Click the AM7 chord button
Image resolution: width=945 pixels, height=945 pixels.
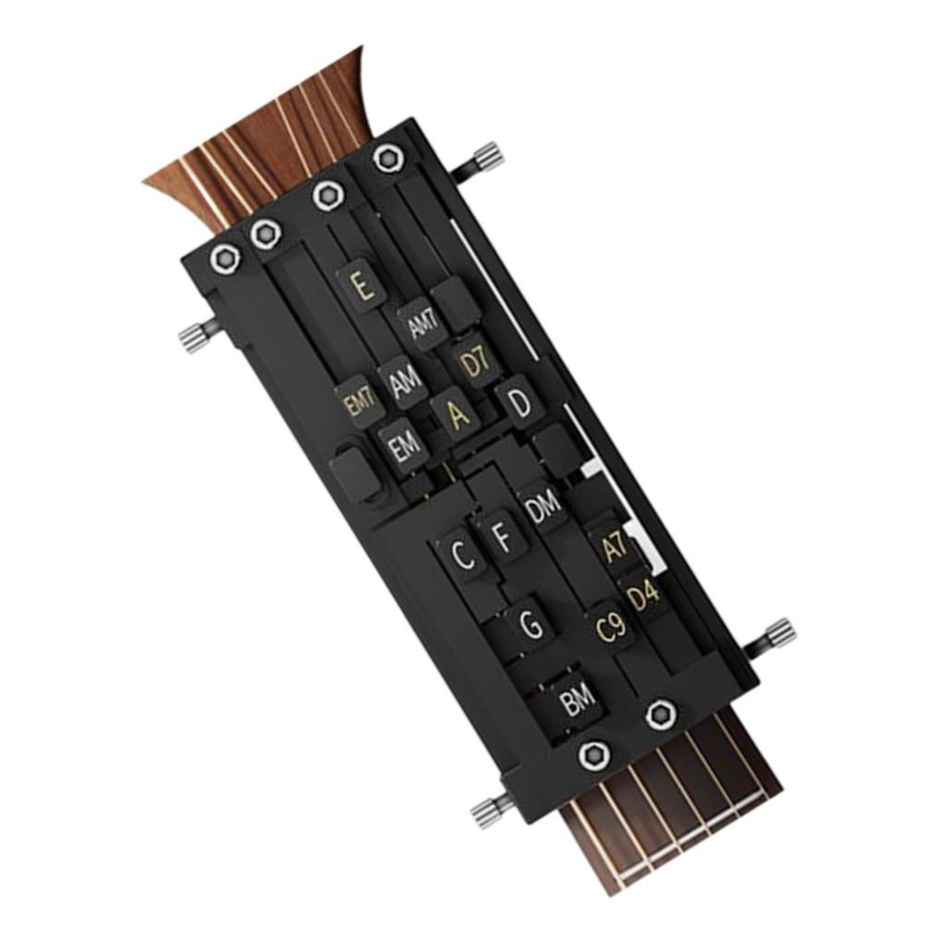pyautogui.click(x=423, y=325)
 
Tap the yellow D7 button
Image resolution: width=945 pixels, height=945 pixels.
pyautogui.click(x=474, y=363)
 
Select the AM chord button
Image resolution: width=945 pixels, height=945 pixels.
pyautogui.click(x=404, y=384)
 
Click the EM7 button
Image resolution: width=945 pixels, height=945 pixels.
pyautogui.click(x=358, y=402)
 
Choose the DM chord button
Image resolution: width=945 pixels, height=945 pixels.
pyautogui.click(x=542, y=506)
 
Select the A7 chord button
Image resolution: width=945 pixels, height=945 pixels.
pyautogui.click(x=614, y=547)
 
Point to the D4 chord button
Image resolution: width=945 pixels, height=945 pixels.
pyautogui.click(x=643, y=594)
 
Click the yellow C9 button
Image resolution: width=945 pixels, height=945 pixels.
pyautogui.click(x=610, y=628)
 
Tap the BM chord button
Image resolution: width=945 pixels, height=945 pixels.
pyautogui.click(x=580, y=703)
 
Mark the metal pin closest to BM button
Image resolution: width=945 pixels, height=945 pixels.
pyautogui.click(x=489, y=810)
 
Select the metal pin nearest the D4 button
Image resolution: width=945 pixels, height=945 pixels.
pyautogui.click(x=777, y=635)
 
